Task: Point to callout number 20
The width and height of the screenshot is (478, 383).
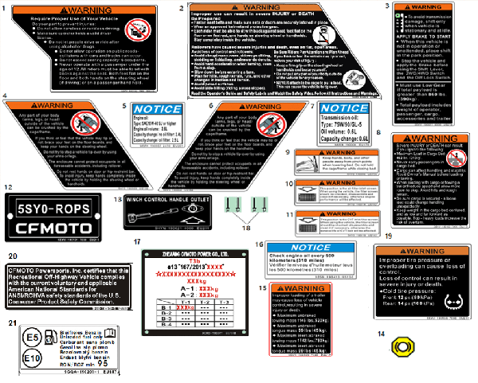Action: [12, 256]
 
